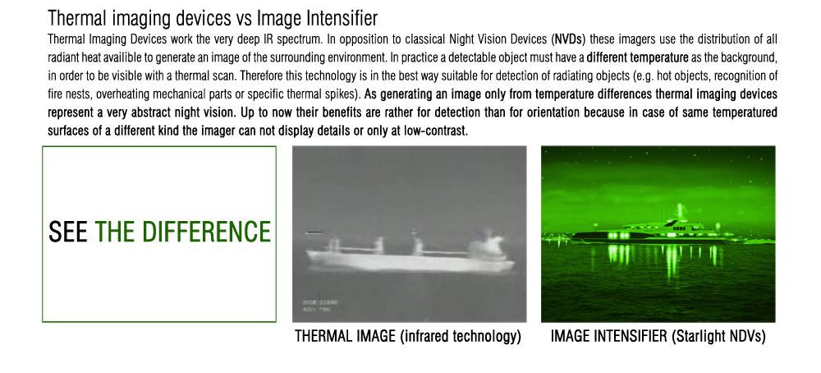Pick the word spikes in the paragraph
pos(342,94)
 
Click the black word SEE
pos(68,232)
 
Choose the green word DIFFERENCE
pos(206,232)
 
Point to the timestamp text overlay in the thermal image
pos(320,306)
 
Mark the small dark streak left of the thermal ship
pos(314,232)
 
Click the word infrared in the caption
pos(427,336)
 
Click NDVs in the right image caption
pos(744,336)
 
